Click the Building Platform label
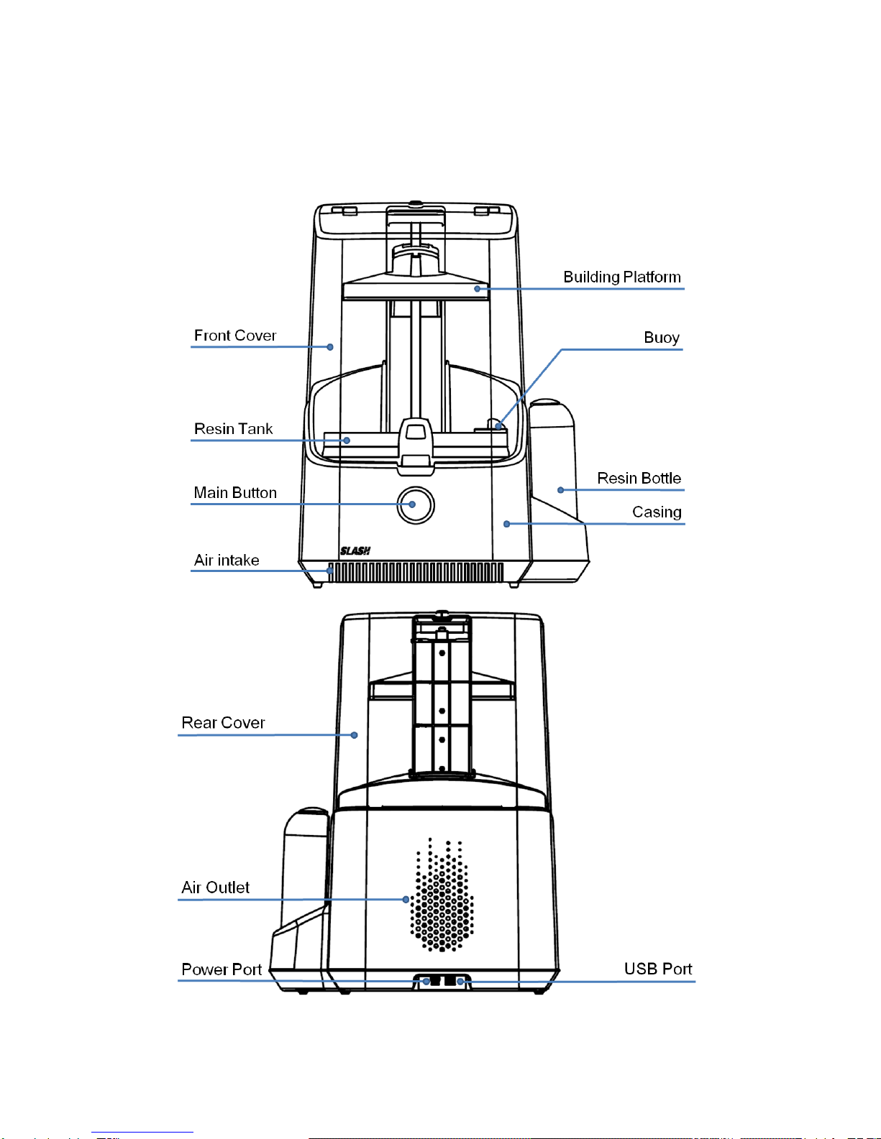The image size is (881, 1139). click(621, 277)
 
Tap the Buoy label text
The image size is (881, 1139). click(661, 338)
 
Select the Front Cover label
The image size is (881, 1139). click(234, 336)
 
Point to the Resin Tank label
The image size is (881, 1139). click(233, 429)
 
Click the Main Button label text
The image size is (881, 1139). click(235, 493)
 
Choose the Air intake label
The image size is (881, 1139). click(227, 561)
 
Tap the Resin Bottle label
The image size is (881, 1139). click(639, 479)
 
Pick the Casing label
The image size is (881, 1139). click(657, 512)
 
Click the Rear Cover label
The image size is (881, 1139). click(223, 723)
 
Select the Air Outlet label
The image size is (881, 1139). click(215, 887)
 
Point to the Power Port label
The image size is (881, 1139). click(222, 969)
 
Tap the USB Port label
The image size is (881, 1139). click(657, 969)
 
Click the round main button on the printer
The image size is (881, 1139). click(416, 504)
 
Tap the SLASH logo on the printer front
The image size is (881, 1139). click(355, 551)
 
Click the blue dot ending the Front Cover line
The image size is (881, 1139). click(330, 347)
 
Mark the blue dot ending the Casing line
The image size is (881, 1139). click(507, 524)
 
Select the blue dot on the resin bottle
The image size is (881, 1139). click(561, 490)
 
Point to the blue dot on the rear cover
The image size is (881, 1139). click(354, 735)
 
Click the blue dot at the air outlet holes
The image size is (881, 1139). click(406, 899)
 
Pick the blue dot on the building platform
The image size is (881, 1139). click(477, 289)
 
